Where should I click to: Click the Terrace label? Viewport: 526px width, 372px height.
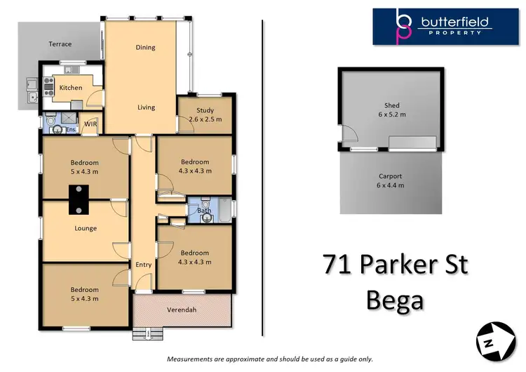pyautogui.click(x=60, y=44)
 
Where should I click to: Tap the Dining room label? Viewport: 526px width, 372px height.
pyautogui.click(x=145, y=48)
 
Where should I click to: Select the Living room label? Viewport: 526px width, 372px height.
pyautogui.click(x=146, y=107)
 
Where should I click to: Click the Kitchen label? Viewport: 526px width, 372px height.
pyautogui.click(x=70, y=88)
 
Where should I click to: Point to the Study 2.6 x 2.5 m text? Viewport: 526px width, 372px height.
pyautogui.click(x=205, y=114)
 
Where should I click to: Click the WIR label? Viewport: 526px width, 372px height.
pyautogui.click(x=90, y=124)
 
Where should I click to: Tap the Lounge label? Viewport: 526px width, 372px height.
pyautogui.click(x=86, y=228)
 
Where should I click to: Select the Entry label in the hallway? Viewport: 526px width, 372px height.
pyautogui.click(x=143, y=265)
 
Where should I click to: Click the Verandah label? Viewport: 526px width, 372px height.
pyautogui.click(x=182, y=310)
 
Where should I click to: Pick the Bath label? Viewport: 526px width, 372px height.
pyautogui.click(x=204, y=210)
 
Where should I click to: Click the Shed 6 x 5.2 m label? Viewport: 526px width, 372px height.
pyautogui.click(x=391, y=110)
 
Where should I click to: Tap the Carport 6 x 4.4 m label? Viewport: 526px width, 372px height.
pyautogui.click(x=391, y=181)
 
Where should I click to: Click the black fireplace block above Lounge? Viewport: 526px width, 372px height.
pyautogui.click(x=79, y=199)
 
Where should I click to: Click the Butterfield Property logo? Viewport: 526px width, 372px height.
pyautogui.click(x=446, y=27)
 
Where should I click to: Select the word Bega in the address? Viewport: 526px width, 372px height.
pyautogui.click(x=395, y=300)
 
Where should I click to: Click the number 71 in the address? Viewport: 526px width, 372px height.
pyautogui.click(x=339, y=265)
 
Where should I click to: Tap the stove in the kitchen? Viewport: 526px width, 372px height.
pyautogui.click(x=49, y=86)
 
